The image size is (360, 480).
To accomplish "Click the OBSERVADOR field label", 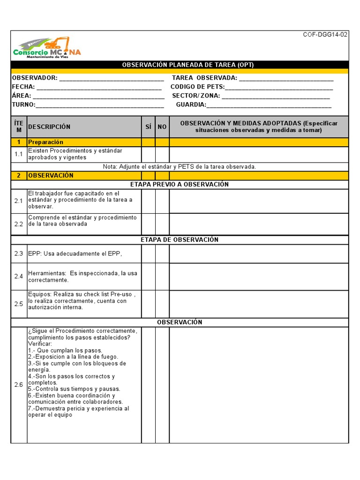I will point(35,78).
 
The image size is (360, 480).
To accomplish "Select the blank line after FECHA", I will point(99,87).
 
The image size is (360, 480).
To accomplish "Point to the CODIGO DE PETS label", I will point(197,87).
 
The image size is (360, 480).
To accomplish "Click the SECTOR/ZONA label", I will point(196,96).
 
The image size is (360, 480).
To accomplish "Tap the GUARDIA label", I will point(191,105).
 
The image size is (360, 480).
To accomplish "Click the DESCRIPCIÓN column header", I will point(49,127).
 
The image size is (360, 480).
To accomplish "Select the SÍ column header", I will point(149,127).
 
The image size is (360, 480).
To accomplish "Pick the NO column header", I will point(162,127).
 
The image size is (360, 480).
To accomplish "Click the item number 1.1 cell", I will point(19,154).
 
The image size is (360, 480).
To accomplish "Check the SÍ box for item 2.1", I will point(149,201).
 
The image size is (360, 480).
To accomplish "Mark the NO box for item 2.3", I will point(162,254).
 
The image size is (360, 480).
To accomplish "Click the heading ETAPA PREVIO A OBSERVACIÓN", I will point(180,184).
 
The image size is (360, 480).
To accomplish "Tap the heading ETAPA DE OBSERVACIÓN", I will point(180,240).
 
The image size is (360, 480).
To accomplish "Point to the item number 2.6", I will point(19,385).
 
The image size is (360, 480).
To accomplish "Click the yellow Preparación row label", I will point(45,142).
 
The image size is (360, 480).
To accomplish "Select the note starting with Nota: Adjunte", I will point(180,166).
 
